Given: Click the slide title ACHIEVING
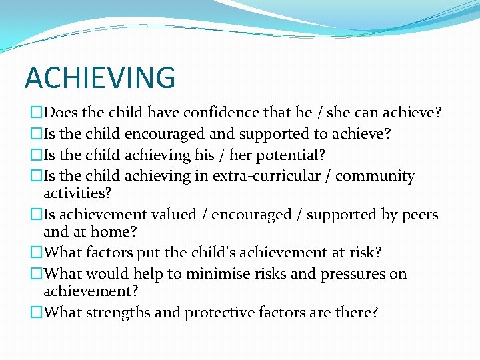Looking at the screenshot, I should [x=100, y=77].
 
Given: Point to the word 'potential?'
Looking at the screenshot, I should [x=293, y=155].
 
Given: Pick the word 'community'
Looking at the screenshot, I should [x=375, y=176].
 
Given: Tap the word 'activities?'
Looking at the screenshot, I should [x=77, y=193].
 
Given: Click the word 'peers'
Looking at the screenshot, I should [x=419, y=215].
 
